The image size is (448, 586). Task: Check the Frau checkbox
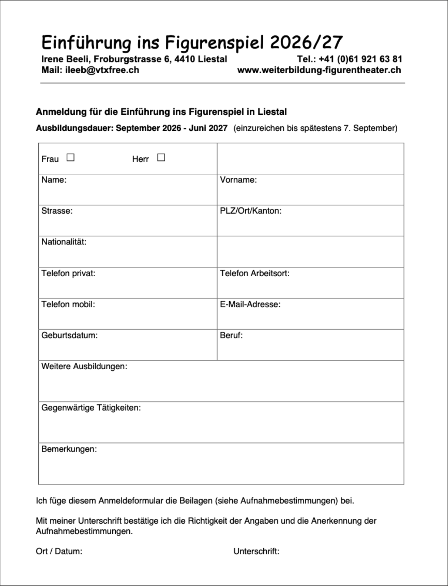[71, 158]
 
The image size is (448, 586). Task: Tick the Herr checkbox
[161, 158]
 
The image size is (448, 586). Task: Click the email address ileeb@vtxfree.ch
[102, 70]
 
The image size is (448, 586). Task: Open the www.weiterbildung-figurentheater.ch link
[319, 70]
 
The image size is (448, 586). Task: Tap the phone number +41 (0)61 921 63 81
[360, 59]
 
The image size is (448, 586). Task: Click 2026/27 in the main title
[306, 42]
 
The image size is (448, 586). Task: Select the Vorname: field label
[238, 180]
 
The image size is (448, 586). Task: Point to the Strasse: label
[57, 211]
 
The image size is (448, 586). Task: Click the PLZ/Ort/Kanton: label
[251, 211]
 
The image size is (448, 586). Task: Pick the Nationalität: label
[64, 242]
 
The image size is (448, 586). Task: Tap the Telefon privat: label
[68, 273]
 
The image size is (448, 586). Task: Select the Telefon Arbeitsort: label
[255, 273]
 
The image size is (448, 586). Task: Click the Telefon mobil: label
[68, 304]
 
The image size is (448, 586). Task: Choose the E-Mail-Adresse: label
[250, 304]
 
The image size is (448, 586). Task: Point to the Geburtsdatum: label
[69, 335]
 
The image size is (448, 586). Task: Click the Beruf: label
[231, 335]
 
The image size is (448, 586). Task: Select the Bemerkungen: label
[69, 449]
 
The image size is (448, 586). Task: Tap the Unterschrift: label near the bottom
[256, 551]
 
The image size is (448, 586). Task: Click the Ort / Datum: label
[59, 551]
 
